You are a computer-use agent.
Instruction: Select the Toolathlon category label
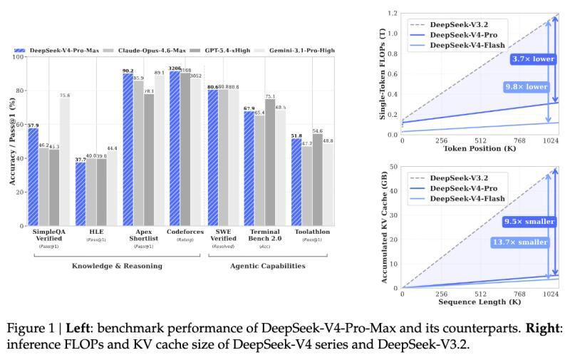point(307,232)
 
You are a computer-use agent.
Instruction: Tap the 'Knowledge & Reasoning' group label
point(117,266)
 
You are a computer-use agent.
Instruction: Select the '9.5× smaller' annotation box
point(529,222)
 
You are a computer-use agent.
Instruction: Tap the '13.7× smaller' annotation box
point(524,242)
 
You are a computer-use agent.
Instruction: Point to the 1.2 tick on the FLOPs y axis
point(393,14)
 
